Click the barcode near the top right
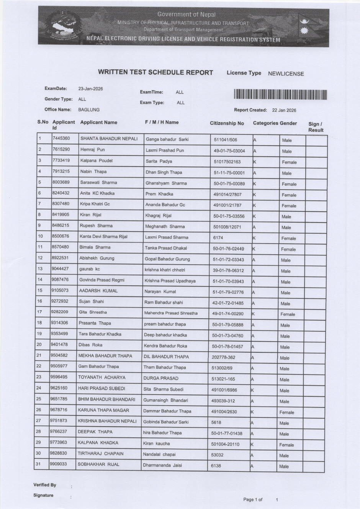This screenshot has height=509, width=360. tap(280, 95)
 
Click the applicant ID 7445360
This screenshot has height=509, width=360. tap(61, 138)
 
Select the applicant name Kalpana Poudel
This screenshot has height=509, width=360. tap(96, 160)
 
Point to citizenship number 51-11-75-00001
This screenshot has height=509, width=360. tap(229, 173)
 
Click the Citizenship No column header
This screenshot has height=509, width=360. tap(227, 123)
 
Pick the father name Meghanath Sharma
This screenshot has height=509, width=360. tap(165, 226)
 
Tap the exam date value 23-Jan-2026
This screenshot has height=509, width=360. tap(90, 88)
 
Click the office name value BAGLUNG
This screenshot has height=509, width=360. tap(88, 110)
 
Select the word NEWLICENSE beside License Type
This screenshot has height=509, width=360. tap(286, 74)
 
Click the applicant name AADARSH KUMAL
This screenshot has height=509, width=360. tap(98, 291)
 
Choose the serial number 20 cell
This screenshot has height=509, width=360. tap(39, 345)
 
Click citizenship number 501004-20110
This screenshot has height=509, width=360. tap(225, 444)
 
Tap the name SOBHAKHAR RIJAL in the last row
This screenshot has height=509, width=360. tap(98, 464)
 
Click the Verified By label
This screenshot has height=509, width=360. tap(44, 485)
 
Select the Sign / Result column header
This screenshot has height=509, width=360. tap(316, 127)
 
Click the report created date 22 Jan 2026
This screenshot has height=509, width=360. tap(284, 110)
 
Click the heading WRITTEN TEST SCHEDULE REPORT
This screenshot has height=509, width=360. tap(155, 72)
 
